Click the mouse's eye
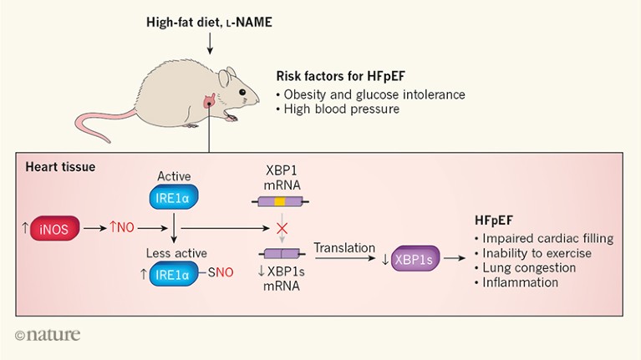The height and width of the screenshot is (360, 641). click(242, 91)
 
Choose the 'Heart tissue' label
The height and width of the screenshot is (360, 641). click(59, 167)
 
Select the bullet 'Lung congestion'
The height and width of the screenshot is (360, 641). click(529, 268)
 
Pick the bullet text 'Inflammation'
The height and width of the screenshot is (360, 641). click(520, 283)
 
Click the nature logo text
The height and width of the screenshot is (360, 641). click(48, 336)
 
